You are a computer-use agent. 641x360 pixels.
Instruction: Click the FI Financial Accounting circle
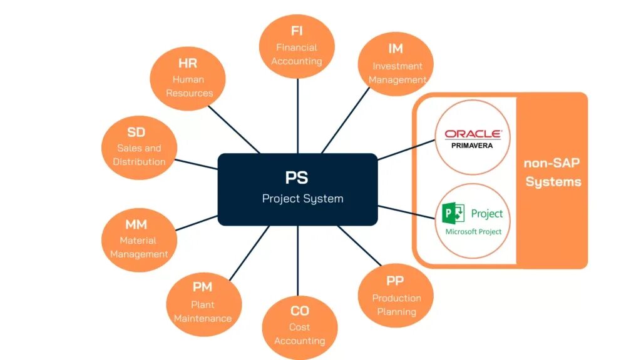(x=297, y=47)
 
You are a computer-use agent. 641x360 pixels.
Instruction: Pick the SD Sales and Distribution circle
(x=138, y=147)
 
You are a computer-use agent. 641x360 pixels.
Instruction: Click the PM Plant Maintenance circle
(x=202, y=302)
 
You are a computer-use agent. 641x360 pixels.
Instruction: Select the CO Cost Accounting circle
(x=299, y=326)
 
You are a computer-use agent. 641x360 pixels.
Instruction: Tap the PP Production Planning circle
(x=396, y=296)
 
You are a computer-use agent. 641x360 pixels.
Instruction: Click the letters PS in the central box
(x=297, y=177)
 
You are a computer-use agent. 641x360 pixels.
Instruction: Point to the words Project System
(x=302, y=199)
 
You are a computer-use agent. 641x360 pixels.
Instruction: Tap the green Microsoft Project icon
(x=453, y=214)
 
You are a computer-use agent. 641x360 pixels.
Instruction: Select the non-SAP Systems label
(x=553, y=172)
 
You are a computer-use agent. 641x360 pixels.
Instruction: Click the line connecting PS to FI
(x=298, y=116)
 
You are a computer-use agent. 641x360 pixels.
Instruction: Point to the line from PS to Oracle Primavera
(x=407, y=148)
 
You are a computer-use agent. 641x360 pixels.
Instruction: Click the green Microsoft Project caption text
(x=473, y=232)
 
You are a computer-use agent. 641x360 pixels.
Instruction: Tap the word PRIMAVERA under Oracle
(x=472, y=146)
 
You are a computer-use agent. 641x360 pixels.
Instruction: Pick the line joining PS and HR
(x=233, y=128)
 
